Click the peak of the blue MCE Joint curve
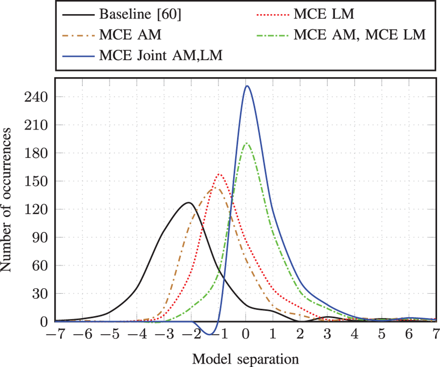tap(247, 86)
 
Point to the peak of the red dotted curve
tap(219, 174)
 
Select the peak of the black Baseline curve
tap(188, 203)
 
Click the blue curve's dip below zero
tap(210, 334)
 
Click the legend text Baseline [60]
tap(140, 14)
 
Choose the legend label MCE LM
tap(324, 14)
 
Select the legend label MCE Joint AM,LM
tap(161, 56)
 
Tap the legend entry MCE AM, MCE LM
tap(360, 35)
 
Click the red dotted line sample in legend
tap(272, 14)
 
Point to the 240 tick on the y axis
tap(36, 97)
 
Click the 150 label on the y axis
tap(36, 181)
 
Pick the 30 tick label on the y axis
tap(40, 294)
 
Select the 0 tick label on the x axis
tap(246, 334)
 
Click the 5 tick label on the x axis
tap(382, 334)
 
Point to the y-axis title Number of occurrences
tap(6, 200)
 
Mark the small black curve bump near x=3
tap(328, 317)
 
